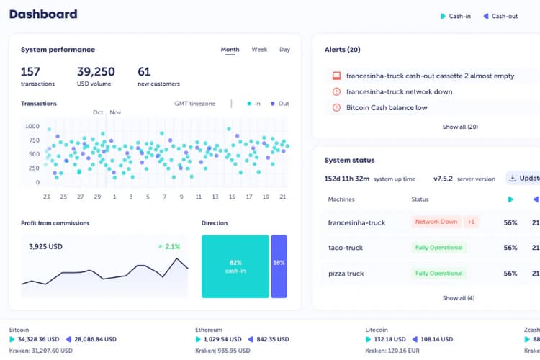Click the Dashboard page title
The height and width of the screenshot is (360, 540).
click(43, 14)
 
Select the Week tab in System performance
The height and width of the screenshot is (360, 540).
click(259, 50)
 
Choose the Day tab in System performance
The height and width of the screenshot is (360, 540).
click(284, 50)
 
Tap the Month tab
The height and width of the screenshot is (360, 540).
click(230, 50)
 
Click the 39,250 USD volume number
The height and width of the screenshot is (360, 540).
click(96, 71)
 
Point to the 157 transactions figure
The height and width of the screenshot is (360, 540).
click(30, 71)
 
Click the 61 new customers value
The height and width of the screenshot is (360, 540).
click(144, 71)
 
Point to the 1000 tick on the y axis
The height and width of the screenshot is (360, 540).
click(32, 126)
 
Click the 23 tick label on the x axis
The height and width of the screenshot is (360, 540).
click(46, 197)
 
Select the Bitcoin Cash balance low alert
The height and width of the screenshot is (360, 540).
click(387, 108)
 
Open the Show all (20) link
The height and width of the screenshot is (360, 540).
click(460, 127)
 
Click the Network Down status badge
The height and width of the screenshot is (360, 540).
click(436, 222)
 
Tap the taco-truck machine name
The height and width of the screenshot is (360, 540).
click(346, 248)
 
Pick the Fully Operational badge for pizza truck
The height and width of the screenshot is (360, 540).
click(438, 274)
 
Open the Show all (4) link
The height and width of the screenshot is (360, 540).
click(459, 298)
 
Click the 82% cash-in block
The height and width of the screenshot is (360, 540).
click(235, 266)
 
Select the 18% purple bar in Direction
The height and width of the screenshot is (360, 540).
click(279, 266)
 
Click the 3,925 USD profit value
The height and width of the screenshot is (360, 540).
click(46, 246)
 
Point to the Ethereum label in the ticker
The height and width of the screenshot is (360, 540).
click(209, 330)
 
